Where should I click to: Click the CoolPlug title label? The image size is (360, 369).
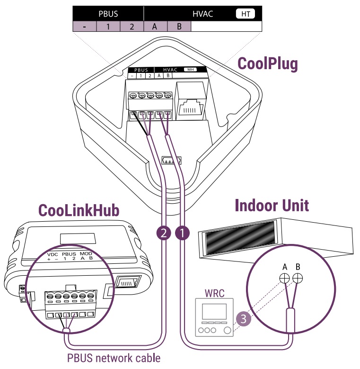pos(267,63)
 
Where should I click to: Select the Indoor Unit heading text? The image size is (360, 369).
pos(272,205)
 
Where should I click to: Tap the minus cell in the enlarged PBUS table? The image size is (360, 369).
pos(84,27)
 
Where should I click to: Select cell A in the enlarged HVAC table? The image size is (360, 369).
pos(155,27)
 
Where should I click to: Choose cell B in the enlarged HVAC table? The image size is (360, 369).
pos(179,27)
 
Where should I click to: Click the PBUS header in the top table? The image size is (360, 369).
pos(108,14)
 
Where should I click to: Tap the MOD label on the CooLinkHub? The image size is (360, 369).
pos(86,254)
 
